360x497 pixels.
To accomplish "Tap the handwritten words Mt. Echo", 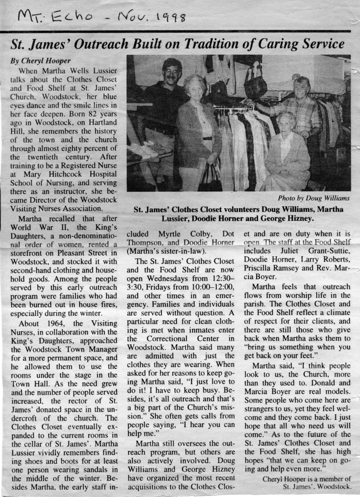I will click(50, 18).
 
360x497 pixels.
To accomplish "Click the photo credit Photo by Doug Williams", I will click(313, 198).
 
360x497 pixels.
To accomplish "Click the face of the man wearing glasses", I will click(171, 74).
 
